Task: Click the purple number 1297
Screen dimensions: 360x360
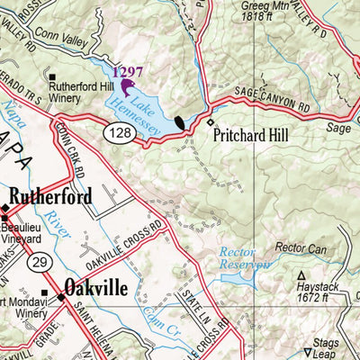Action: tap(127, 71)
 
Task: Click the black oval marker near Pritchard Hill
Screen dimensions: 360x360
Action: tap(180, 122)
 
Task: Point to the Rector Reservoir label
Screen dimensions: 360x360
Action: tap(245, 258)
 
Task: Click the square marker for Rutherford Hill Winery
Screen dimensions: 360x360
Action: tap(53, 78)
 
